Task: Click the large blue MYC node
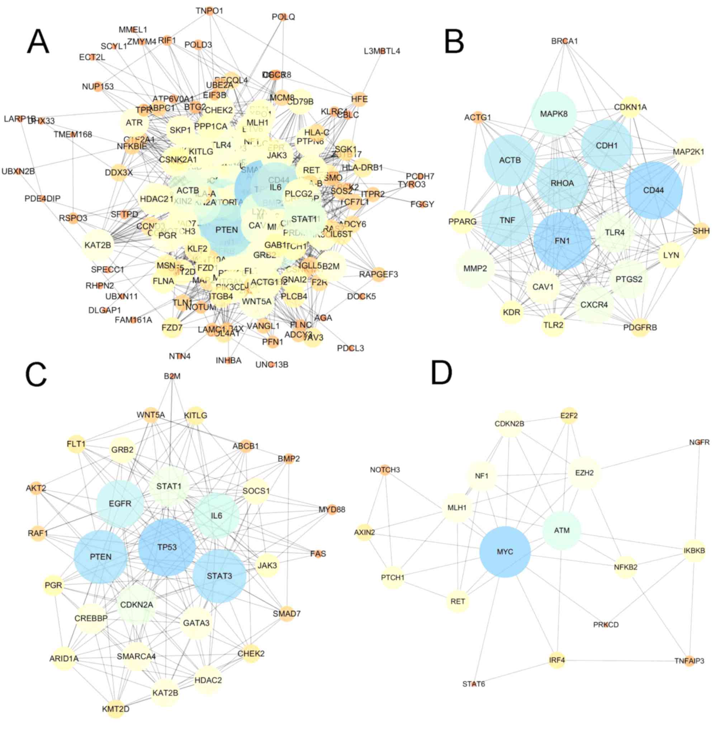(x=505, y=552)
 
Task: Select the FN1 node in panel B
(x=562, y=241)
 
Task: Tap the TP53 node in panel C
(x=167, y=547)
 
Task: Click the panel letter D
(x=442, y=373)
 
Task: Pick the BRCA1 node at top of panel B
(x=565, y=41)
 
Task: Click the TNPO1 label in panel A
(x=209, y=11)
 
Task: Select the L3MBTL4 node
(x=382, y=51)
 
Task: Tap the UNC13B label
(x=271, y=365)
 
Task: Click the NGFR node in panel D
(x=700, y=442)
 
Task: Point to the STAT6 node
(x=474, y=684)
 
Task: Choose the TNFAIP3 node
(x=690, y=661)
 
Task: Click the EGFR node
(x=120, y=504)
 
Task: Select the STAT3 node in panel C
(x=219, y=576)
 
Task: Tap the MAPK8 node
(x=554, y=114)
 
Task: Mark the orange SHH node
(x=701, y=230)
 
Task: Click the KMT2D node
(x=116, y=709)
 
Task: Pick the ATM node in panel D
(x=562, y=531)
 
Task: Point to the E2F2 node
(x=569, y=416)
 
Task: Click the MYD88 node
(x=332, y=509)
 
